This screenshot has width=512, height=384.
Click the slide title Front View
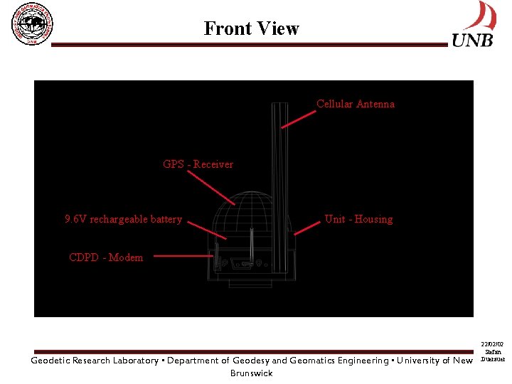251,28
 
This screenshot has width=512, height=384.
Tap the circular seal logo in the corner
32,25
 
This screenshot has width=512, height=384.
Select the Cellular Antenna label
355,105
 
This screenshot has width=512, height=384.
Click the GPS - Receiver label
198,164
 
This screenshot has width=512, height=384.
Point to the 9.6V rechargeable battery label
123,219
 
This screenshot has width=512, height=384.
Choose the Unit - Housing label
358,219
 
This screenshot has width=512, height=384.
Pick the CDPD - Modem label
106,257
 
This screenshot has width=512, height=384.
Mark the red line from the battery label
206,228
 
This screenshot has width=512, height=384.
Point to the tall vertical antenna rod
279,164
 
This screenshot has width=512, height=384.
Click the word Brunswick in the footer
251,373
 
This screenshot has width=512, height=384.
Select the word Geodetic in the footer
50,361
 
